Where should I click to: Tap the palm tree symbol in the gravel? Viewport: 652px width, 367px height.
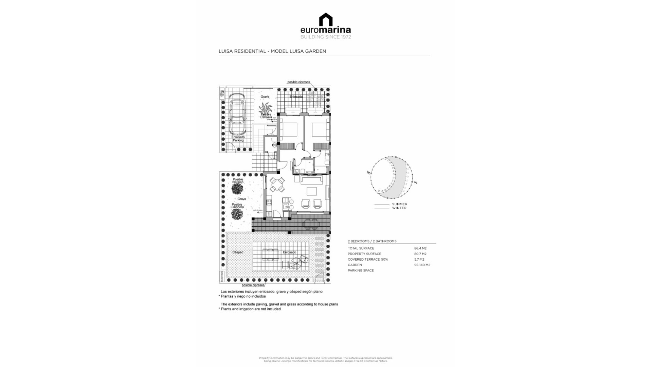point(265,109)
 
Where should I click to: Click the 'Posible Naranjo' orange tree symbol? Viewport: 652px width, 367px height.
point(237,189)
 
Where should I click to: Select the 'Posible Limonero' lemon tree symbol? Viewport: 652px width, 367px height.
point(237,214)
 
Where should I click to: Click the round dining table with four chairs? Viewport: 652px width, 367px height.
point(277,185)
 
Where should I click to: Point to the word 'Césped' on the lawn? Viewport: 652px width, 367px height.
point(238,252)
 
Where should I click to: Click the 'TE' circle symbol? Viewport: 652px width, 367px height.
point(274,145)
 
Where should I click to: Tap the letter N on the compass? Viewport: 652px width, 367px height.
point(368,173)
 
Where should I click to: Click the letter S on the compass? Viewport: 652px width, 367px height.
point(416,182)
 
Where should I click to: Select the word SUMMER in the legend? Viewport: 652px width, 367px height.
point(399,204)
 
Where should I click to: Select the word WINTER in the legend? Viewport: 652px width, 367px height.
point(399,208)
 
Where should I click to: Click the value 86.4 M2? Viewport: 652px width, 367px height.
point(420,248)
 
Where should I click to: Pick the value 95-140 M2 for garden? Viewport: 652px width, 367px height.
point(422,265)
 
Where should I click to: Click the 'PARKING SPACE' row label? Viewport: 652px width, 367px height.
point(361,270)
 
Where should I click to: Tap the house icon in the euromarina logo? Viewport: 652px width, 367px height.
point(326,19)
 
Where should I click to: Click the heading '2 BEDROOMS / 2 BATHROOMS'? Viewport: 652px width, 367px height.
point(372,241)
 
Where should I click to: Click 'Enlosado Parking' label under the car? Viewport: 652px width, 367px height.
point(238,139)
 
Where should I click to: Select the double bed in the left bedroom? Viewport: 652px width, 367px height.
point(289,129)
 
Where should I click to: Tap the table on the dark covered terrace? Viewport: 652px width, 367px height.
point(311,225)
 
